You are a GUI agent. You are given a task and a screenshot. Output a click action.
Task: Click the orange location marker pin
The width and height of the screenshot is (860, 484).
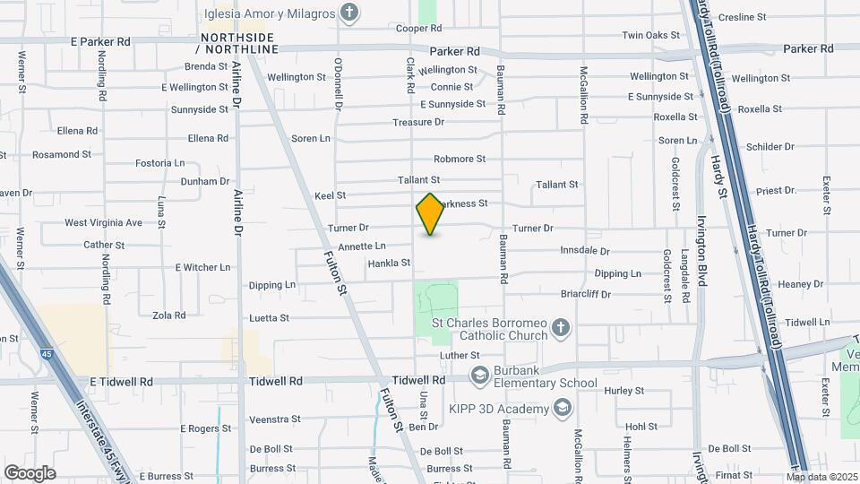[431, 214]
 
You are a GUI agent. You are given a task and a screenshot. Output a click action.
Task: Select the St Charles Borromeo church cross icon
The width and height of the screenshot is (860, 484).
[560, 326]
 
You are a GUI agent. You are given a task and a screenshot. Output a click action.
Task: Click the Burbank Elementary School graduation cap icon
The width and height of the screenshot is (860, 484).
[479, 374]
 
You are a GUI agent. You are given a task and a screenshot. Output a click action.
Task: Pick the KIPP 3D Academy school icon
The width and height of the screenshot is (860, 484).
[562, 409]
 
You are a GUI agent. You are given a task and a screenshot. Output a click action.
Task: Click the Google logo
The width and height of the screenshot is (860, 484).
[30, 473]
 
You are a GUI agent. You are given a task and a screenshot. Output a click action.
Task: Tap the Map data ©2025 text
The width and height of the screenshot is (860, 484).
[822, 477]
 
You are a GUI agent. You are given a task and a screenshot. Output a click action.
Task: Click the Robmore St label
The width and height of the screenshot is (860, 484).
[460, 159]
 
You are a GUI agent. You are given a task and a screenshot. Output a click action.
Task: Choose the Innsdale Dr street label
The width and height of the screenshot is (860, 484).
[584, 251]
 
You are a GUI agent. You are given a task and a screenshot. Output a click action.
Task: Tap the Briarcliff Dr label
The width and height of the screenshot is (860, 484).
[585, 293]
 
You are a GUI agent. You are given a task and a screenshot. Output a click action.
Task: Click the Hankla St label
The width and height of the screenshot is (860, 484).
[389, 264]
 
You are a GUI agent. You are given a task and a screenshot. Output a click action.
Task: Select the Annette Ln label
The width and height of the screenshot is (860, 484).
[362, 246]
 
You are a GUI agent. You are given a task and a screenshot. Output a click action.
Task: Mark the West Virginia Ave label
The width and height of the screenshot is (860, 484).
[103, 222]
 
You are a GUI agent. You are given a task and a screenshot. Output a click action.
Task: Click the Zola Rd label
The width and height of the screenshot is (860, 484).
[168, 315]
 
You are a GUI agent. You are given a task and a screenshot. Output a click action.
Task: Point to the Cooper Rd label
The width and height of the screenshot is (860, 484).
[415, 29]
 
